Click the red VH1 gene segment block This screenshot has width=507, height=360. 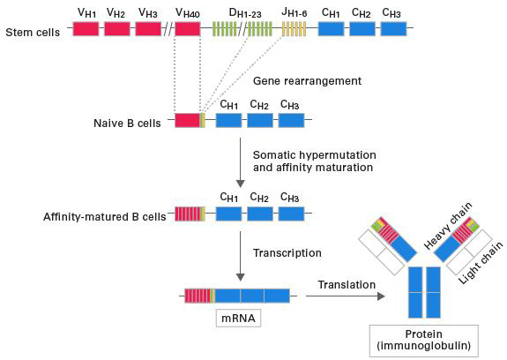click(x=86, y=28)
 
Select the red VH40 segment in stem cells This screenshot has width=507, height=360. click(x=188, y=28)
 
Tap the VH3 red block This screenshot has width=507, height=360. click(x=149, y=28)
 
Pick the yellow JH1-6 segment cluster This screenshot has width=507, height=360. click(x=294, y=28)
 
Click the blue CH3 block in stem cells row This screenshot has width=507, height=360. click(x=394, y=28)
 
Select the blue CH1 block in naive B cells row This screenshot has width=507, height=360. click(x=228, y=120)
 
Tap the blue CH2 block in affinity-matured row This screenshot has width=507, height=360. click(x=259, y=214)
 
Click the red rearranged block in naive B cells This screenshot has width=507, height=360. click(x=186, y=120)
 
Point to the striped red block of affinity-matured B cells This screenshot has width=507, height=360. click(x=188, y=214)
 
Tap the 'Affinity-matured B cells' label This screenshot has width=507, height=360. click(x=104, y=215)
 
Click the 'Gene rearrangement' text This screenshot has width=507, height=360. click(x=294, y=80)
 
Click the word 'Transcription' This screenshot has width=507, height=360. click(x=288, y=252)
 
